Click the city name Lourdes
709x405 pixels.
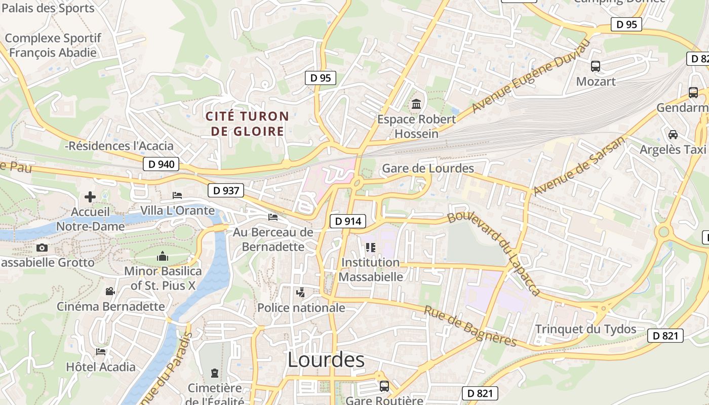click(326, 359)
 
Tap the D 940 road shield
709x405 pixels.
click(162, 164)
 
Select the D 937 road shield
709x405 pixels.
click(226, 190)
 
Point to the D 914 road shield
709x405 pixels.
click(348, 221)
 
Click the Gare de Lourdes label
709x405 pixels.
click(428, 169)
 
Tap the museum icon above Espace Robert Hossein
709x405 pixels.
click(416, 104)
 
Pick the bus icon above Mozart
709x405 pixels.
click(596, 66)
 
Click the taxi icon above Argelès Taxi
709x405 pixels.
click(673, 134)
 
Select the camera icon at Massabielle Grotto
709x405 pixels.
click(42, 248)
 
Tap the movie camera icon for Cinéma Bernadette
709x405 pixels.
click(110, 291)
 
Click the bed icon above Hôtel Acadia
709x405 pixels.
click(101, 351)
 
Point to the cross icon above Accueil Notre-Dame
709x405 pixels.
click(90, 196)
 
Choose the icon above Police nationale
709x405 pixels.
click(301, 292)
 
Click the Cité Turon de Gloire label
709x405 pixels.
click(247, 124)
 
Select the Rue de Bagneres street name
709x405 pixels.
click(470, 327)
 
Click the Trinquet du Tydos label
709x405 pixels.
click(585, 329)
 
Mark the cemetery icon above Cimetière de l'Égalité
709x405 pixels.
click(214, 373)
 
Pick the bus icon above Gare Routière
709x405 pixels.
click(384, 386)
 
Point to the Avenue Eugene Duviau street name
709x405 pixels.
click(531, 76)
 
